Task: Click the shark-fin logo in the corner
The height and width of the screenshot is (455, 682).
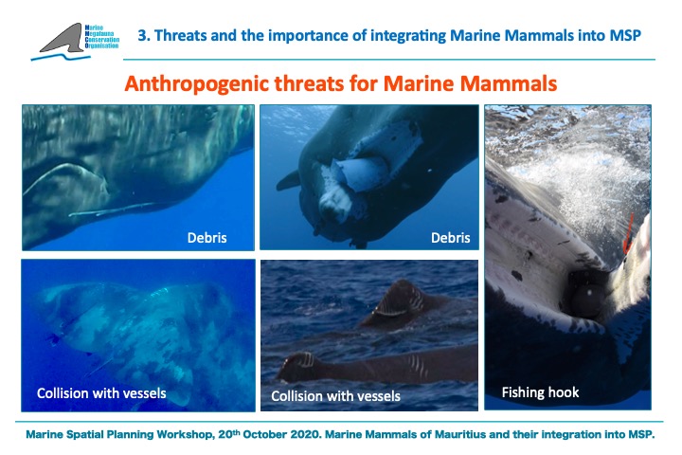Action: coord(63,38)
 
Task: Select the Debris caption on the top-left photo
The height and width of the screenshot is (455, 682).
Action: coord(207,238)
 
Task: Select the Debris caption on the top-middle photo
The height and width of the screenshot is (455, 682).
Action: coord(451,238)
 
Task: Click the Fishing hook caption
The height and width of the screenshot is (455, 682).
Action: coord(540,392)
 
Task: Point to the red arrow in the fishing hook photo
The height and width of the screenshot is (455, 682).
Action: coord(628,234)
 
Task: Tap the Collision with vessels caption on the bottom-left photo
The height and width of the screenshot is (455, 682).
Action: coord(101,393)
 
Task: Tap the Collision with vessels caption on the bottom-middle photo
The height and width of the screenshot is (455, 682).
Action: coord(335,396)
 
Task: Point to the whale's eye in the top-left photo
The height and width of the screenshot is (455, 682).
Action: coord(211,113)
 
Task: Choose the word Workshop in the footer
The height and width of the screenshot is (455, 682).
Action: coord(184,434)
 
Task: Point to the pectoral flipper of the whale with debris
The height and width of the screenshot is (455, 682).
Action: coord(288,180)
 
